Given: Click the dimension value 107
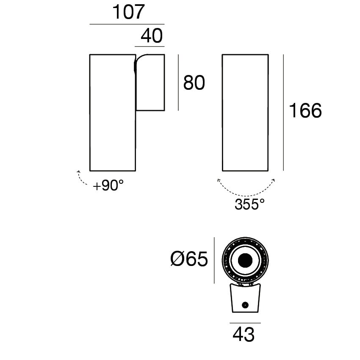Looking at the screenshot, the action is [128, 12].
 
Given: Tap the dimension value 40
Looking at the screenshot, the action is [152, 36].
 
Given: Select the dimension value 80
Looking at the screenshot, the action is [194, 83].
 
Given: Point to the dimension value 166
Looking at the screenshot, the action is [305, 111].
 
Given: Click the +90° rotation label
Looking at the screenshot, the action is [108, 185].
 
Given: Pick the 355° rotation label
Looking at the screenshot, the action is [249, 204].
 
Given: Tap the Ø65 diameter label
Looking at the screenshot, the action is [189, 259].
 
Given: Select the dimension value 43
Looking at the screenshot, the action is [244, 335].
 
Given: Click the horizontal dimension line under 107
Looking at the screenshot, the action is [127, 24].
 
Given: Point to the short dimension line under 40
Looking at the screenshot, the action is [150, 47].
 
